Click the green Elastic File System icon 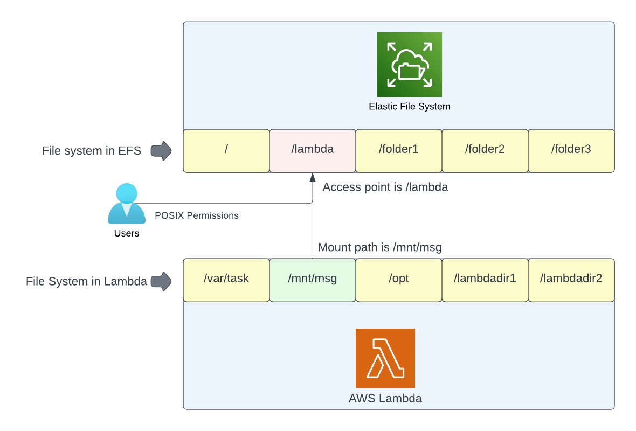[409, 64]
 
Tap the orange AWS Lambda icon [385, 358]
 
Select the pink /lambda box [312, 150]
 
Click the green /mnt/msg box [312, 280]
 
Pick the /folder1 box [398, 150]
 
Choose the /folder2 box [485, 150]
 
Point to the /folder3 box [571, 150]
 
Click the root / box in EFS [226, 150]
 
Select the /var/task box [226, 280]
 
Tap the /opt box [398, 280]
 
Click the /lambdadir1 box [485, 280]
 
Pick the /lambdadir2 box [571, 280]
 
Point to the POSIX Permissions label [196, 215]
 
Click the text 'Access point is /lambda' [385, 187]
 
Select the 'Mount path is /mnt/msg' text [380, 248]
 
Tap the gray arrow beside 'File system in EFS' [161, 151]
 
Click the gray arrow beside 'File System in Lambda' [161, 281]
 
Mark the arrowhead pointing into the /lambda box [312, 177]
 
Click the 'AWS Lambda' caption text [385, 399]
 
